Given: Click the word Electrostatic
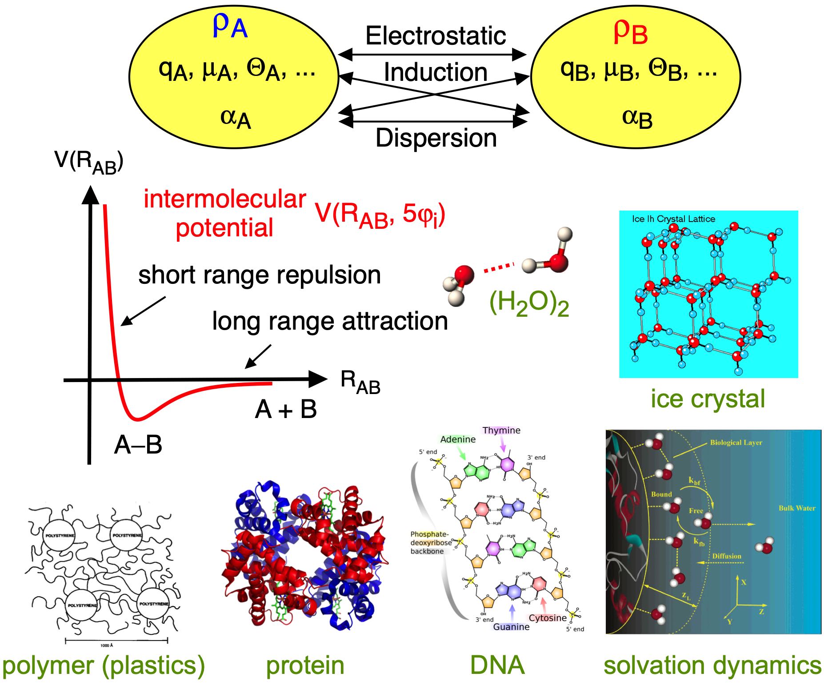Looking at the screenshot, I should [435, 36].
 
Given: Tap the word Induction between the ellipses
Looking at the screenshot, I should [435, 72].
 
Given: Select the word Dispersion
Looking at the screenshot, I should [436, 138].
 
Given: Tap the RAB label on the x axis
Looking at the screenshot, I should [360, 382].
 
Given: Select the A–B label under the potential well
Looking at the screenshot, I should [138, 444].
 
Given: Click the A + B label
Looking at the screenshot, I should [286, 409].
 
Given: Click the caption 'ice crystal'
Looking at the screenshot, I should [708, 398].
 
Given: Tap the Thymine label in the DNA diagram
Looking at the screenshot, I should [501, 430].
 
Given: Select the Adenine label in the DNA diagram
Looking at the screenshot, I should [458, 439].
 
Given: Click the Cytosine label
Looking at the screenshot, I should [548, 617].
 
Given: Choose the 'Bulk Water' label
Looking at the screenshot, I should [797, 508].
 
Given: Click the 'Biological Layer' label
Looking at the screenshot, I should [736, 442].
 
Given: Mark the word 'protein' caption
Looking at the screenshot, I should [305, 665].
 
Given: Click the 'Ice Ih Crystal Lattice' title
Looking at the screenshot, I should [673, 219].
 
